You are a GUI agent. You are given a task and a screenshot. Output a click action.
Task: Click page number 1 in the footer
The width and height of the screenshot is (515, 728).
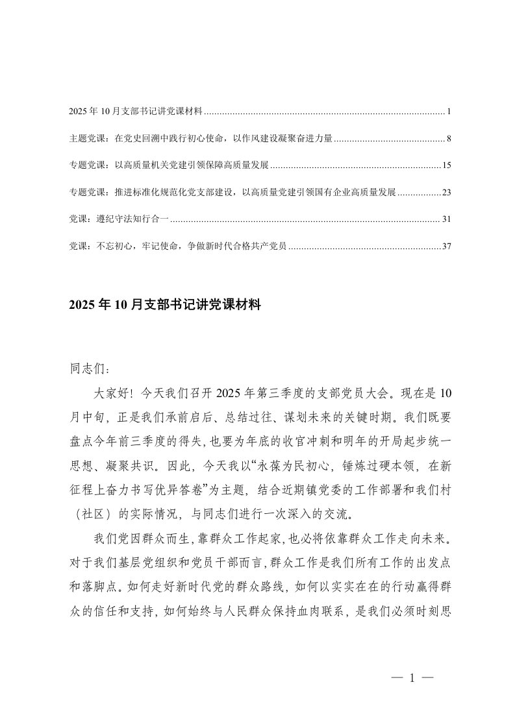(x=412, y=679)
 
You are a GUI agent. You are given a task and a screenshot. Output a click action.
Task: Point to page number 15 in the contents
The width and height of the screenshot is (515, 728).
(x=446, y=166)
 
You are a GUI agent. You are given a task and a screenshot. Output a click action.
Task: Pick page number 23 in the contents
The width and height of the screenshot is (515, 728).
(x=446, y=193)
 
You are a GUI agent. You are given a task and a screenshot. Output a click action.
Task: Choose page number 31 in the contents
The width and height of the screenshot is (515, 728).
(x=446, y=220)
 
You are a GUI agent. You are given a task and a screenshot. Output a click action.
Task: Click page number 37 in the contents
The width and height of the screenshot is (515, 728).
(x=446, y=247)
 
